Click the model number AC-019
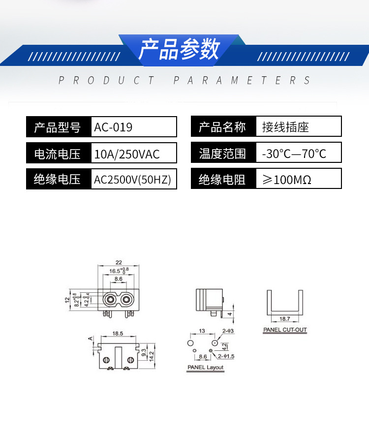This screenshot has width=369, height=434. click(x=114, y=127)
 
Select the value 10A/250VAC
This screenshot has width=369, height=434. click(x=127, y=155)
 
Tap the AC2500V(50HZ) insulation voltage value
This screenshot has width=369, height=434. click(x=133, y=180)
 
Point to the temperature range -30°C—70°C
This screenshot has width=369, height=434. click(x=294, y=154)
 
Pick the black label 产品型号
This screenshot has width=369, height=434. click(x=58, y=127)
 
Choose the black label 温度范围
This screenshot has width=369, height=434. click(x=222, y=154)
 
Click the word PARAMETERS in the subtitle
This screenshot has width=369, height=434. click(x=242, y=80)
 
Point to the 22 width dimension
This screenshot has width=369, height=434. click(x=119, y=262)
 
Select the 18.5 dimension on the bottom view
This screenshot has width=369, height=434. click(x=118, y=334)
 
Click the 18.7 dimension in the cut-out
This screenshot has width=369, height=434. click(x=284, y=319)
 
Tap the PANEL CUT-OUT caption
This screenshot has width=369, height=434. click(x=285, y=330)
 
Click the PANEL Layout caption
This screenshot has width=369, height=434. click(x=205, y=368)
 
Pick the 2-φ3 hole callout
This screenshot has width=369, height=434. click(x=228, y=331)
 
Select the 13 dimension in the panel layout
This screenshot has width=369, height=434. click(x=202, y=331)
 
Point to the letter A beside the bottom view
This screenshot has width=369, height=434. click(x=90, y=339)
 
